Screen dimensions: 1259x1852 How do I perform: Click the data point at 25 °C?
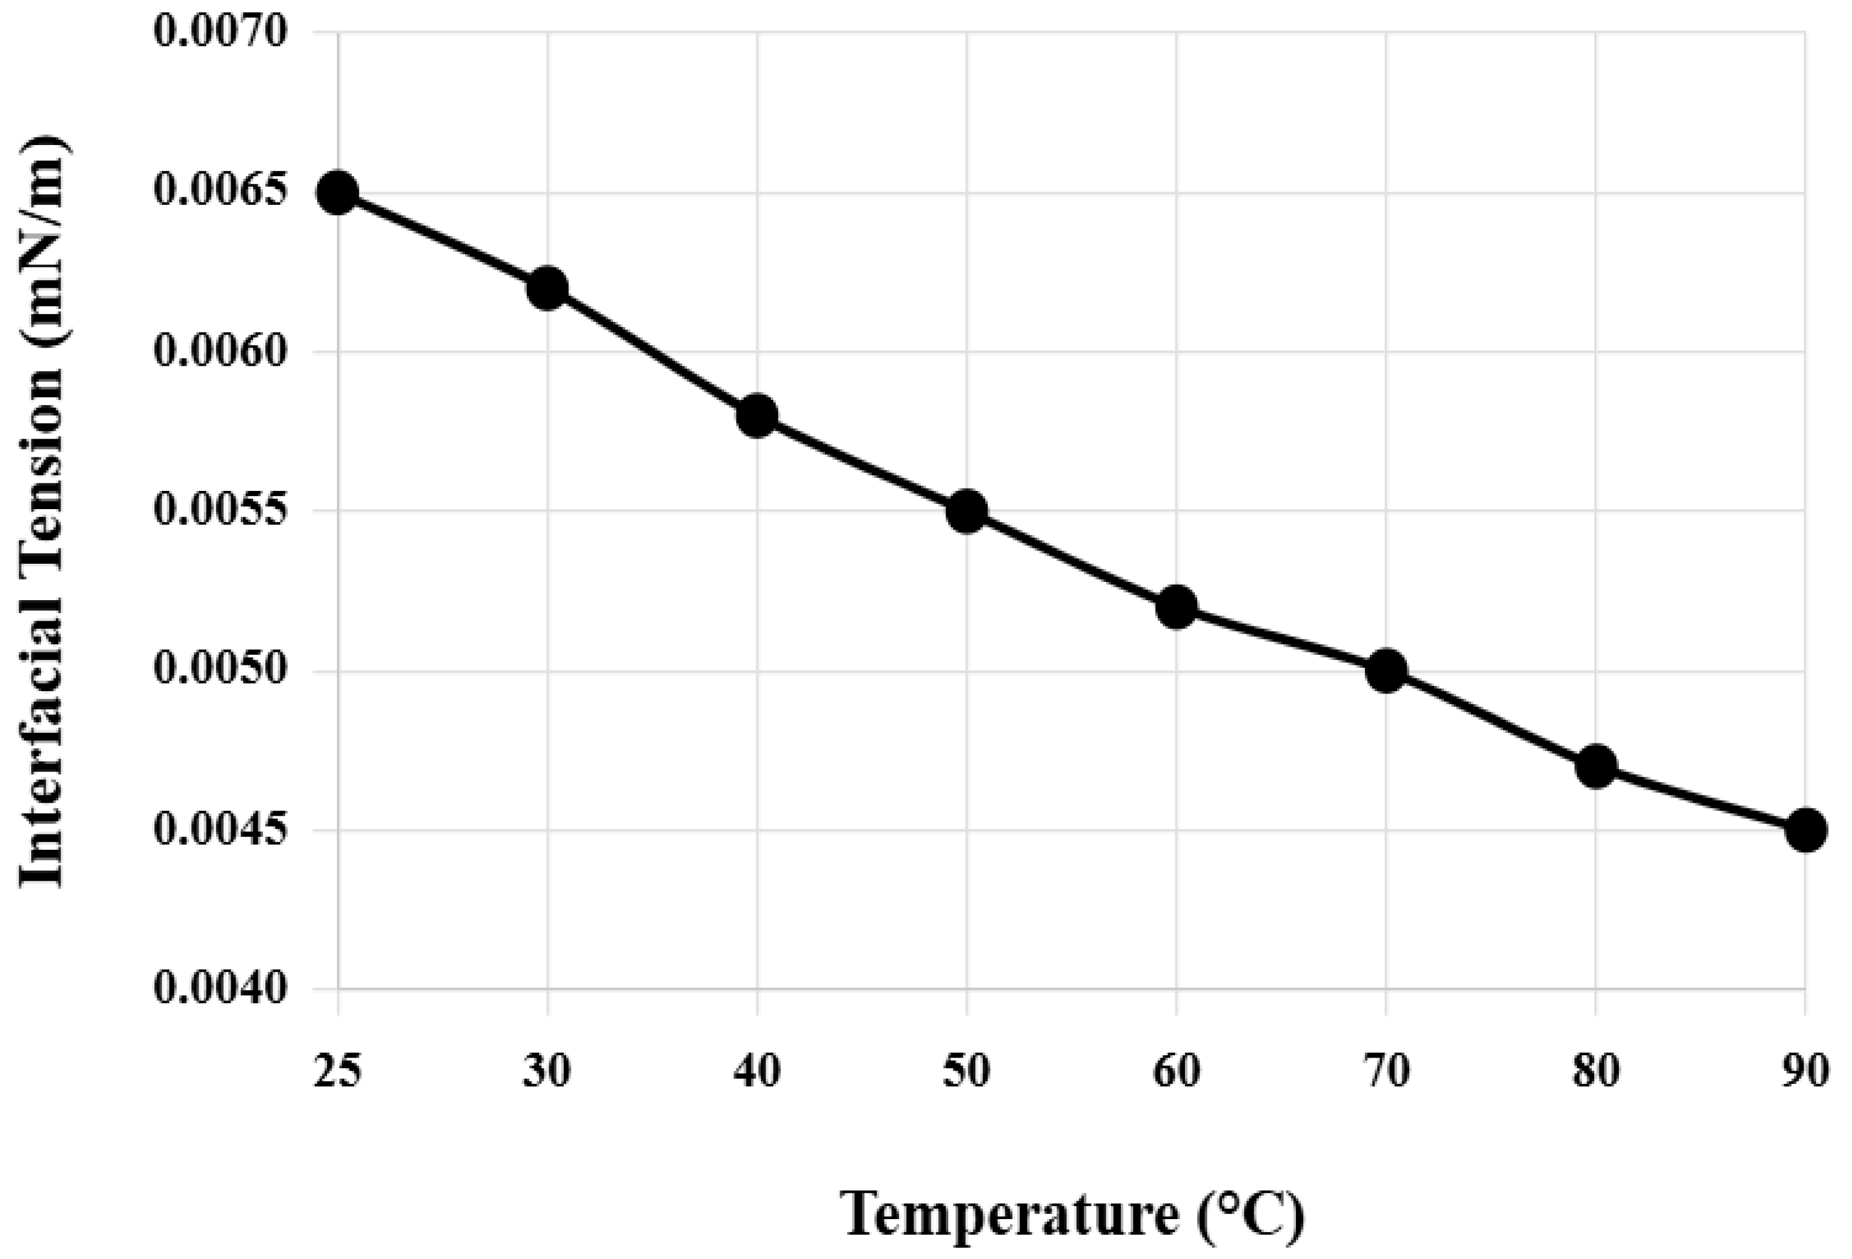click(338, 192)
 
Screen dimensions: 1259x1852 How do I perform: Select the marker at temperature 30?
click(547, 288)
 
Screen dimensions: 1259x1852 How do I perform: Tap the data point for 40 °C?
click(757, 415)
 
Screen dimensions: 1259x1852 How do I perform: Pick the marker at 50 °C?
click(967, 511)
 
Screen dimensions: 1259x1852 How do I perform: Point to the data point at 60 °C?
click(1176, 607)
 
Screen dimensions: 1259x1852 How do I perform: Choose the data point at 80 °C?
click(1595, 766)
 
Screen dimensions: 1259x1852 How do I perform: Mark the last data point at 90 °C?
click(1806, 830)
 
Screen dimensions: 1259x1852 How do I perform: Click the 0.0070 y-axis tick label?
click(219, 33)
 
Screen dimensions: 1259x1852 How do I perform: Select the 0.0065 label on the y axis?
click(219, 192)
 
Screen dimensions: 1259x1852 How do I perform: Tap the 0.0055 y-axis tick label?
click(219, 511)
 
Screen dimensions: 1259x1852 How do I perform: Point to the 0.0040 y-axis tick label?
click(219, 989)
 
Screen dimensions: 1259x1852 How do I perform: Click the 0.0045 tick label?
click(219, 830)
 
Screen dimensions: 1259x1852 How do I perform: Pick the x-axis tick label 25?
click(338, 1072)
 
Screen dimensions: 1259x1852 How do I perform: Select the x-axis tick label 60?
click(1176, 1072)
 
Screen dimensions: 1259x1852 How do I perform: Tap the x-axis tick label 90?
click(1806, 1072)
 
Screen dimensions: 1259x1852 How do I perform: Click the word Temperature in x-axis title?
click(1011, 1214)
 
